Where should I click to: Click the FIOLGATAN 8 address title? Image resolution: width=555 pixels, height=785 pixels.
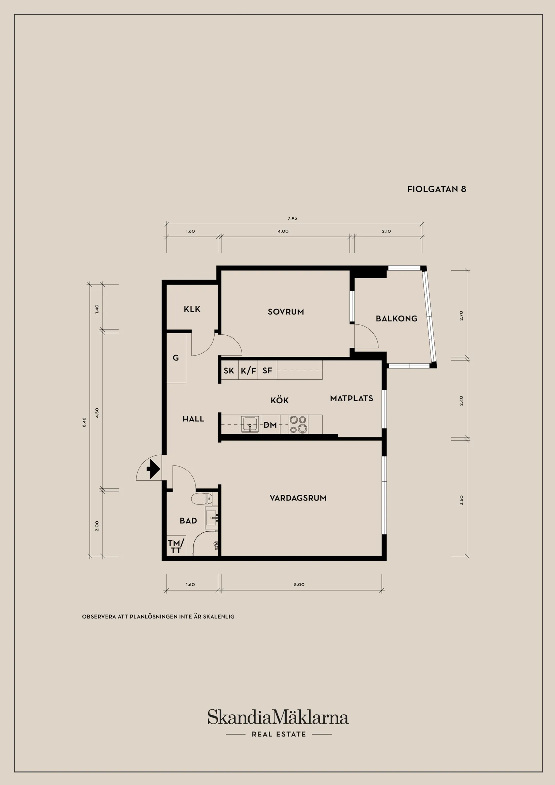coord(436,189)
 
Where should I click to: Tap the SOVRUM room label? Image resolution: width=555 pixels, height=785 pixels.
coord(286,312)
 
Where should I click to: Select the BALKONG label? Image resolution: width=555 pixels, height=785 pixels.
coord(396,319)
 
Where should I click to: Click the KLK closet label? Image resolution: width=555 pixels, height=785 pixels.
coord(192,309)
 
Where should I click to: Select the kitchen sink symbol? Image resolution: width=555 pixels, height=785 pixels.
coord(250,424)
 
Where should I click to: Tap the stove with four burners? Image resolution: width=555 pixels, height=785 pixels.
coord(298,424)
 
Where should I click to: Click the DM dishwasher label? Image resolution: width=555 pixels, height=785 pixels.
coord(270,425)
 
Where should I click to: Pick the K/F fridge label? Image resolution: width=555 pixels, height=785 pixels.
coord(248,371)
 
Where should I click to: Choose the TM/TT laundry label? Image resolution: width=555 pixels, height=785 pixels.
coord(176,546)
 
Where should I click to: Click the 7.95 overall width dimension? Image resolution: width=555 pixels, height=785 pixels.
coord(292,218)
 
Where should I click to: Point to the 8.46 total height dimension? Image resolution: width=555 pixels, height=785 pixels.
coord(84,422)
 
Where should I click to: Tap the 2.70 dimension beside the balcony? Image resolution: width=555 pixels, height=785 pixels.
coord(461,315)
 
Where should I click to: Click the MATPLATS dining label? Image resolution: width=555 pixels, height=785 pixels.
coord(351,398)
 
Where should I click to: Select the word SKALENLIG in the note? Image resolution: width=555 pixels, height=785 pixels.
coord(219,617)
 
